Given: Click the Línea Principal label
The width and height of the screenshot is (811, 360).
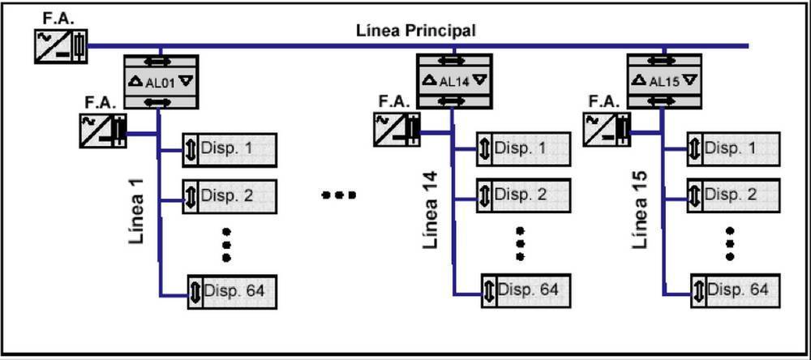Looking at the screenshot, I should (x=416, y=31).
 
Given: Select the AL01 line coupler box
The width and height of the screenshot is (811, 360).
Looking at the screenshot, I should (x=161, y=82).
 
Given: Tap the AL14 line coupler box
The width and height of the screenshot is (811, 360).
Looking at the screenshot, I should (x=454, y=81).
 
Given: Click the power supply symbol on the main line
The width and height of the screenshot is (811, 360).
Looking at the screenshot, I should (x=60, y=47).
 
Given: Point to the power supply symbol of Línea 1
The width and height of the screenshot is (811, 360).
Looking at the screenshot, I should (x=103, y=131).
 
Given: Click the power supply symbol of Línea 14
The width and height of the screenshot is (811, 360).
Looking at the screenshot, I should (x=397, y=130).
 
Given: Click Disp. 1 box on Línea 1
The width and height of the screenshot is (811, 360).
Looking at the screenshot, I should (x=230, y=150).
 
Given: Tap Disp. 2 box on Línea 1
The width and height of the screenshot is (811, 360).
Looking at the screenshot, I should (x=230, y=195).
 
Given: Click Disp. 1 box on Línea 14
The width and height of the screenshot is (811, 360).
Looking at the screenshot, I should (x=523, y=150).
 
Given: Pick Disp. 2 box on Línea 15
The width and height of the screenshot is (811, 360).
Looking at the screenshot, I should (x=733, y=195).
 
